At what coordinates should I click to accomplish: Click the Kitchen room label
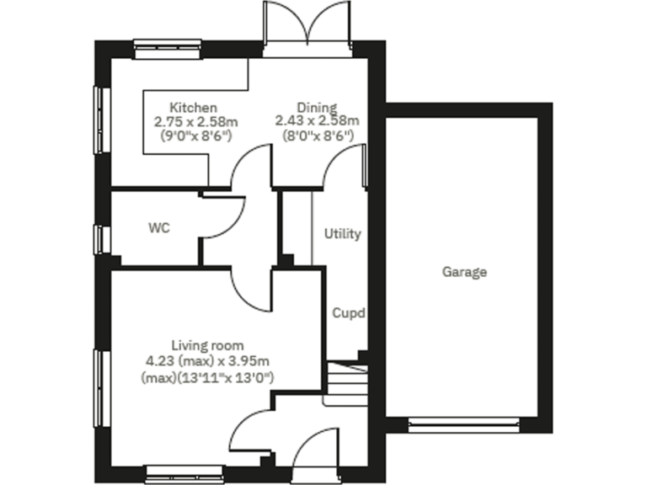[194, 108]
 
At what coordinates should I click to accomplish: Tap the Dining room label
[316, 108]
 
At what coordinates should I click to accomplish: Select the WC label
[159, 227]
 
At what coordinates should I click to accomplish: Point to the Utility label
[342, 233]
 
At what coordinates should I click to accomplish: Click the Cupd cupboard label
[348, 313]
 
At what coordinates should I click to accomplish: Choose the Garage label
[464, 272]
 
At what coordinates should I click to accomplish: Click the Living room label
[207, 345]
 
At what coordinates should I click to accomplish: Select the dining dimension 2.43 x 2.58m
[317, 121]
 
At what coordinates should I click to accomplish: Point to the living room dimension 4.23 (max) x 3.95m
[207, 361]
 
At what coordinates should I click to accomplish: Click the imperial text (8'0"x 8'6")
[317, 136]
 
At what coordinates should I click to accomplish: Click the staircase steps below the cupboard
[345, 383]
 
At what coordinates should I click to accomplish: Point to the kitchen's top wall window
[169, 47]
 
